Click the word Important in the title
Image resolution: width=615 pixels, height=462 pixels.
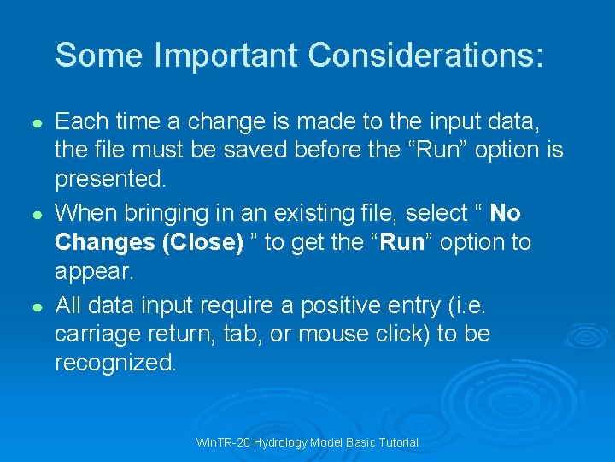click(226, 56)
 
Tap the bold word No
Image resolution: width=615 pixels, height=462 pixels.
click(506, 212)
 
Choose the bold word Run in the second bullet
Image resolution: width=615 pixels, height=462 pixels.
click(402, 242)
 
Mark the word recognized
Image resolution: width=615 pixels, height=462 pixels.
click(115, 363)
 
